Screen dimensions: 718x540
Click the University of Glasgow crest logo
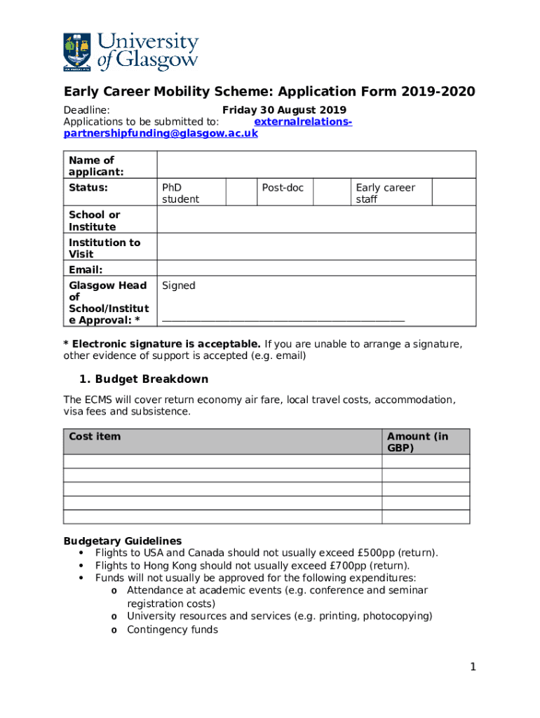(77, 52)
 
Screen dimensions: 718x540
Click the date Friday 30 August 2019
(284, 110)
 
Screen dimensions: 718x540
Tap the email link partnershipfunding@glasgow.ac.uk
(161, 133)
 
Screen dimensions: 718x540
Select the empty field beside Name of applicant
(316, 165)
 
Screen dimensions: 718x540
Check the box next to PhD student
(240, 193)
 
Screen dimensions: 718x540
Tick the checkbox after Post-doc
(331, 193)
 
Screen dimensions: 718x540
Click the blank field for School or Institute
(316, 221)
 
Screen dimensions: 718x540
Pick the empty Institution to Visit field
(316, 248)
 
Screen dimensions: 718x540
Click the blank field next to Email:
(316, 270)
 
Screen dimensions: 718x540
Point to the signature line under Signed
(283, 320)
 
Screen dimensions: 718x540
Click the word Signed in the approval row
(179, 285)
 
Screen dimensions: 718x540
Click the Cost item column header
(95, 437)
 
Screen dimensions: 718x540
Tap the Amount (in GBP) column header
(417, 442)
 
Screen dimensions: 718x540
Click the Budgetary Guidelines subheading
(123, 541)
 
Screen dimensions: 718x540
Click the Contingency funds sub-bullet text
(173, 630)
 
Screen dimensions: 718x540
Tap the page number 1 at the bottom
(473, 667)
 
